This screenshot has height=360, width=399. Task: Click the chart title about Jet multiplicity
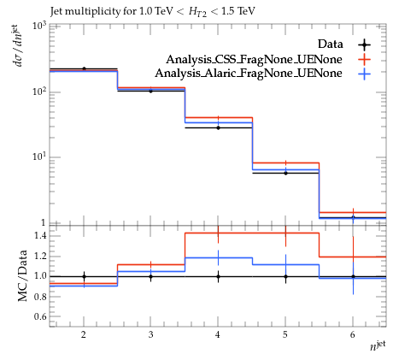tap(153, 12)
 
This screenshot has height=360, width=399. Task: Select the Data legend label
tap(330, 44)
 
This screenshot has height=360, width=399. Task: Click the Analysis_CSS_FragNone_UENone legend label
tap(254, 59)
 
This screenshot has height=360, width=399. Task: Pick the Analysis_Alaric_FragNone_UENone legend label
tap(249, 74)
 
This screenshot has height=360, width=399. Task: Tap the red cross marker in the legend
tap(364, 60)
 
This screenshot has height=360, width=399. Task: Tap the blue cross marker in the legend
tap(364, 74)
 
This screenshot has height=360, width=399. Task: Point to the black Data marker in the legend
tap(364, 44)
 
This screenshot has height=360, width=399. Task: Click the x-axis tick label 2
tap(84, 334)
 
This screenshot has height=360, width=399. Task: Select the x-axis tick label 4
tap(218, 334)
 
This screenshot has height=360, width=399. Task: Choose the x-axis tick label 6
tap(353, 334)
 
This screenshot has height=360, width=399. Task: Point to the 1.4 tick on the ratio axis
tap(40, 235)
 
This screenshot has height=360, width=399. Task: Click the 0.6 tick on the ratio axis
tap(40, 316)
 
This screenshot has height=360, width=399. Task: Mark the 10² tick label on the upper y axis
tap(39, 91)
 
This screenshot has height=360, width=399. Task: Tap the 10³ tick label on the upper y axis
tap(39, 26)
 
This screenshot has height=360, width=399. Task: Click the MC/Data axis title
tap(23, 275)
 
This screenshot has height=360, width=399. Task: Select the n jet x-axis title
tap(378, 345)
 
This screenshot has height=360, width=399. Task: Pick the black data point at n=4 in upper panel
tap(218, 127)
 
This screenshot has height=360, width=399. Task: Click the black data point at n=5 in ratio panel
tap(285, 276)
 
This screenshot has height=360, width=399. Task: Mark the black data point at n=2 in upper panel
tap(84, 68)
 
